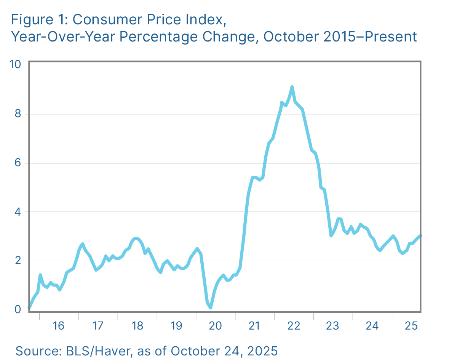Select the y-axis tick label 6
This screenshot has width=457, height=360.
(17, 162)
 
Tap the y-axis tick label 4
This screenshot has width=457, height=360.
(17, 212)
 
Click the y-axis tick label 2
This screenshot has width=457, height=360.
(17, 261)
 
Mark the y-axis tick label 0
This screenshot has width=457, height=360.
(17, 309)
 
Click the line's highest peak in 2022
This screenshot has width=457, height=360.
(292, 87)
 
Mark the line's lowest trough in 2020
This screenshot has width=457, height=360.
(211, 307)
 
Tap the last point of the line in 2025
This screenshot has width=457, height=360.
(420, 236)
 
